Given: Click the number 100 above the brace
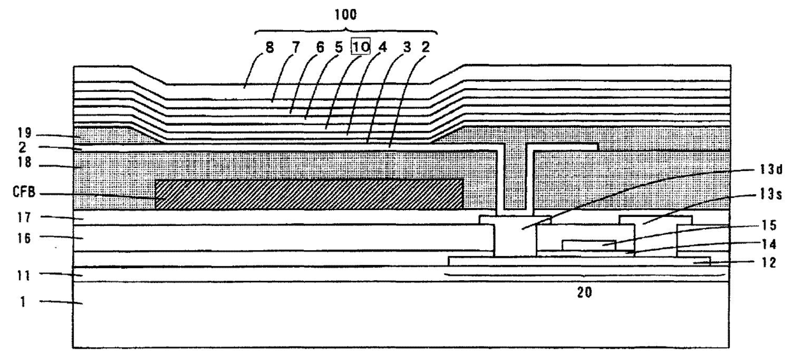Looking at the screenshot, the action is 346,13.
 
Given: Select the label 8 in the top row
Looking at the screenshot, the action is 270,48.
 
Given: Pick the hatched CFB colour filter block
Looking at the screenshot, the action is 309,193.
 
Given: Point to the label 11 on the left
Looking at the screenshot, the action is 24,274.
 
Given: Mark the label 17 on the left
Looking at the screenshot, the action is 24,218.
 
